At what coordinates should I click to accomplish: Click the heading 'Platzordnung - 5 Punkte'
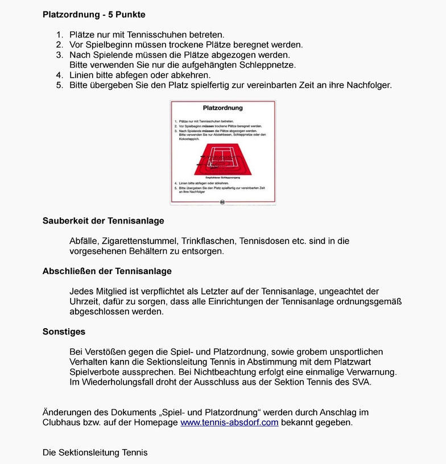(x=94, y=14)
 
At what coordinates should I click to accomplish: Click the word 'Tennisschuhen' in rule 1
(x=154, y=35)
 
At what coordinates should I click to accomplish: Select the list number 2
(x=59, y=45)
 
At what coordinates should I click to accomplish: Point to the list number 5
(x=59, y=85)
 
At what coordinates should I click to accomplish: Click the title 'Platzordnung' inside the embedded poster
(x=223, y=107)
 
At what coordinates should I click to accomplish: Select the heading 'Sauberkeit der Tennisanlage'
(x=104, y=221)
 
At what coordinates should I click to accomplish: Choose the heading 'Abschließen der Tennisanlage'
(x=107, y=271)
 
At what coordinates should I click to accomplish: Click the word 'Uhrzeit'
(x=84, y=302)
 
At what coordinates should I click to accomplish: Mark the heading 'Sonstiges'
(x=64, y=332)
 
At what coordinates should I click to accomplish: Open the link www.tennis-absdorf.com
(x=229, y=423)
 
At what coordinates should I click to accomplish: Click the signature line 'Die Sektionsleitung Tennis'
(x=95, y=453)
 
